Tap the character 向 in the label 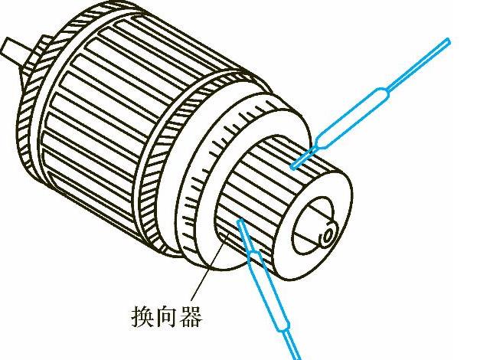(x=169, y=316)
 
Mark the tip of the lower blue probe (x=240, y=222)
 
